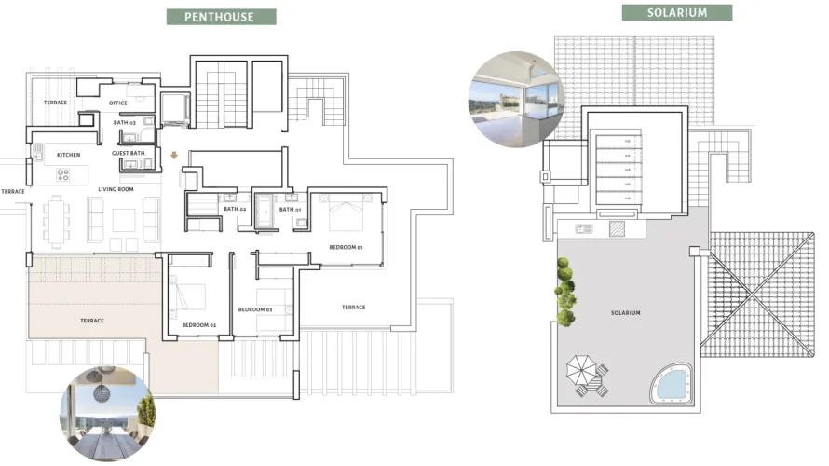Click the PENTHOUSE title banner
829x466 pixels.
(x=220, y=17)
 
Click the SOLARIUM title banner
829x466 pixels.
(x=676, y=13)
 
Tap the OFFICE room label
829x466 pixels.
(x=118, y=103)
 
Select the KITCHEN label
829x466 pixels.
(x=69, y=155)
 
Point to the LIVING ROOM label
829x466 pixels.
(x=116, y=189)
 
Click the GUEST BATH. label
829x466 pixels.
(x=128, y=153)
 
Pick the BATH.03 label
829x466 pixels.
(x=126, y=122)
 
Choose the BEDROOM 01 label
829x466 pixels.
(x=346, y=247)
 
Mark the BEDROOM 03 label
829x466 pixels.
(x=254, y=309)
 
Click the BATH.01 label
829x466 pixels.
(x=292, y=210)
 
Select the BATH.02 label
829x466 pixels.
(x=235, y=210)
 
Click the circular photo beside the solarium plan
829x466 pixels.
(x=517, y=99)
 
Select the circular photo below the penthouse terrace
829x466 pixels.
(x=107, y=414)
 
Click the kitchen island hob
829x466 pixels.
(x=63, y=173)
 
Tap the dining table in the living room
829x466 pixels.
(x=57, y=220)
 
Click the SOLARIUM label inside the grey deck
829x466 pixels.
(x=626, y=313)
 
